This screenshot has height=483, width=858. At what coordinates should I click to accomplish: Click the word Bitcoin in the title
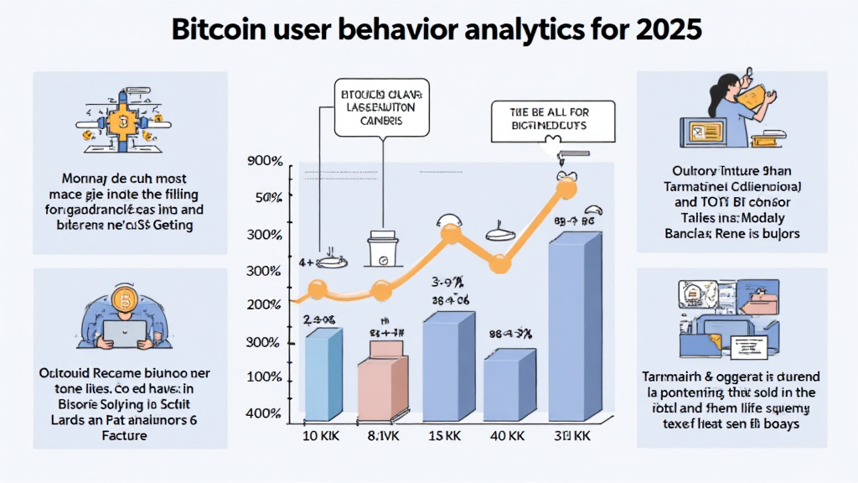pyautogui.click(x=220, y=29)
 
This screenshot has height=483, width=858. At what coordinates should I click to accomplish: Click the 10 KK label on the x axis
pyautogui.click(x=319, y=438)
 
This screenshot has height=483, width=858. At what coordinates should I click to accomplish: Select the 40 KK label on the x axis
pyautogui.click(x=508, y=438)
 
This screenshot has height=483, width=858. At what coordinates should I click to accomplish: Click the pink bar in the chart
pyautogui.click(x=383, y=382)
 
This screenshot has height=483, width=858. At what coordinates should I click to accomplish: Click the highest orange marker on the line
pyautogui.click(x=566, y=188)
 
